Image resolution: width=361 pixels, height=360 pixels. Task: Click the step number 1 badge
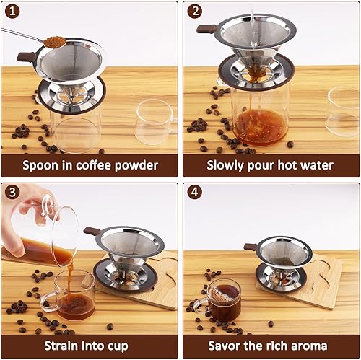pos(12,12)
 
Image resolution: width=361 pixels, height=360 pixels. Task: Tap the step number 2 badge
pos(195,12)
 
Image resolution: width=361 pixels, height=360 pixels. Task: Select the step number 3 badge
pos(12,192)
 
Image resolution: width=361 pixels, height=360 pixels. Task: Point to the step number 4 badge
pos(195,192)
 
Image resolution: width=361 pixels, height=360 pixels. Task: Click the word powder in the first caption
pos(136,166)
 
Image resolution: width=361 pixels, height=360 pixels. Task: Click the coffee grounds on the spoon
pos(56,42)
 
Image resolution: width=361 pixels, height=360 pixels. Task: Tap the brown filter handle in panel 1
pos(27,57)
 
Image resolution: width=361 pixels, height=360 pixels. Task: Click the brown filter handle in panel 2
pos(206,29)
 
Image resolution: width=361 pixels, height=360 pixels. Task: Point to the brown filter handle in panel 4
pos(251,247)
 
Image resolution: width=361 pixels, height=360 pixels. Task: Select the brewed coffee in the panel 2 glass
pos(261,127)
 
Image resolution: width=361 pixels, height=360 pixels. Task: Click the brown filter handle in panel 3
pos(92,231)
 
